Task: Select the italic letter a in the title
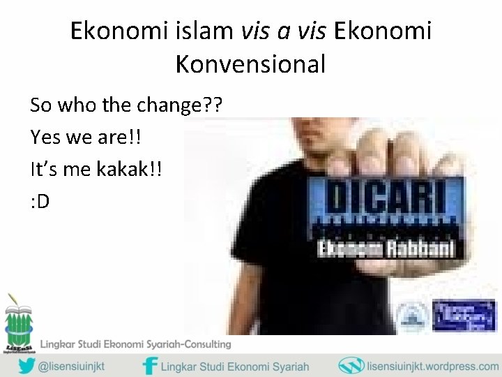pyautogui.click(x=280, y=32)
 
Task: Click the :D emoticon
pyautogui.click(x=40, y=202)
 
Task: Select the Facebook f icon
pyautogui.click(x=149, y=365)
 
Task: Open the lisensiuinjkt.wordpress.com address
pyautogui.click(x=429, y=365)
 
